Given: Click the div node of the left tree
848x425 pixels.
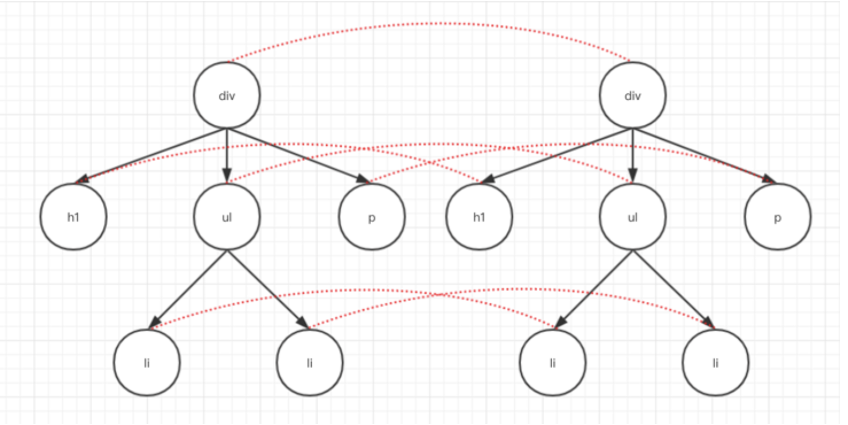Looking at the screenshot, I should point(227,96).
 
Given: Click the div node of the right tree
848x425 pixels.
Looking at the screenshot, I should point(632,96).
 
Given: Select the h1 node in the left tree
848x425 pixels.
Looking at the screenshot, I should point(74,217).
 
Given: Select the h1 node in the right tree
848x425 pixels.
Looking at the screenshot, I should point(479,217).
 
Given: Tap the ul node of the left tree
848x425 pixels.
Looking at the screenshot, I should point(227,217).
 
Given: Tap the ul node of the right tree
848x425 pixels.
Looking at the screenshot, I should point(632,217).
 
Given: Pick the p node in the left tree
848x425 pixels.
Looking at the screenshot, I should point(372,217).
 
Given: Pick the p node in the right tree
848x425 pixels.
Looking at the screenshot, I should point(777,217).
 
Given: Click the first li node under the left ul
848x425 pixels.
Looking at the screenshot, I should point(147,363).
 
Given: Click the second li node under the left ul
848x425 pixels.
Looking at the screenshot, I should point(310,363).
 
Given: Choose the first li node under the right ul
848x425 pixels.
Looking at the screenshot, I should point(552,363).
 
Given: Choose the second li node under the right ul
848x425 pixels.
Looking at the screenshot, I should point(715,363).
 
